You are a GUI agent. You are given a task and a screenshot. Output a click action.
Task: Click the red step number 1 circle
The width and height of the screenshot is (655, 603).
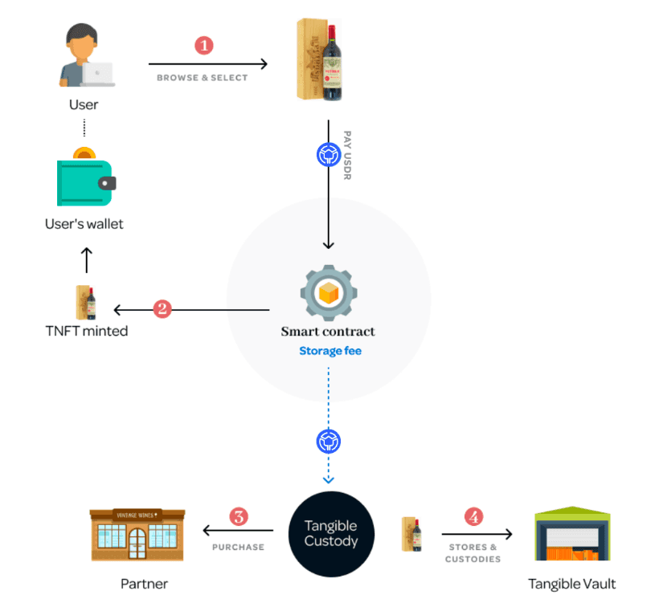tap(204, 45)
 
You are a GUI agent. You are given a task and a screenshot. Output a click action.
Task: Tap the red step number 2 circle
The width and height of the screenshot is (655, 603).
tap(163, 308)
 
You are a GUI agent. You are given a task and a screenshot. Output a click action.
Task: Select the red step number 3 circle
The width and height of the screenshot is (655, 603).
tap(238, 516)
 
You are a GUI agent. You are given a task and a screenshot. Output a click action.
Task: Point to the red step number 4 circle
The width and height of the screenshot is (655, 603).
tap(475, 516)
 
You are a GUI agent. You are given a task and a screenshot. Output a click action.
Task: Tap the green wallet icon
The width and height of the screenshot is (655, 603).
tap(84, 177)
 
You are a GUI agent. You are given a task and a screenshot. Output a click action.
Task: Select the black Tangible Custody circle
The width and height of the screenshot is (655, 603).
tap(330, 534)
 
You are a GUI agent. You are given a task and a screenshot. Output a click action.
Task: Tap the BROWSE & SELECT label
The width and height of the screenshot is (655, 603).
tap(203, 78)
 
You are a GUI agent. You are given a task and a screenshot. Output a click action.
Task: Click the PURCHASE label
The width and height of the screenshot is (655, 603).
tap(238, 547)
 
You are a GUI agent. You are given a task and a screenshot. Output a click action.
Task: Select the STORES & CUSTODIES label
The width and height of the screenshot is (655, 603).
tap(472, 553)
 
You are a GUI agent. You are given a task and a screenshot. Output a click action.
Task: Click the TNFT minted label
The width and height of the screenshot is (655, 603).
tap(87, 331)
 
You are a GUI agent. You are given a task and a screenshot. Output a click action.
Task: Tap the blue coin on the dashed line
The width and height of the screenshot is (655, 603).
tap(330, 440)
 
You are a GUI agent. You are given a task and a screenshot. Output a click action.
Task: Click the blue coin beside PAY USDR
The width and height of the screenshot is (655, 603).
tap(328, 153)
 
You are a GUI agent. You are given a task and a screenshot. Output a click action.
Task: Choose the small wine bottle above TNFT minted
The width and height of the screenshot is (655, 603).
tap(86, 303)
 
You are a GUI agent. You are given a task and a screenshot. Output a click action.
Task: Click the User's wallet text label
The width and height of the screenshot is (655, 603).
tap(84, 224)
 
